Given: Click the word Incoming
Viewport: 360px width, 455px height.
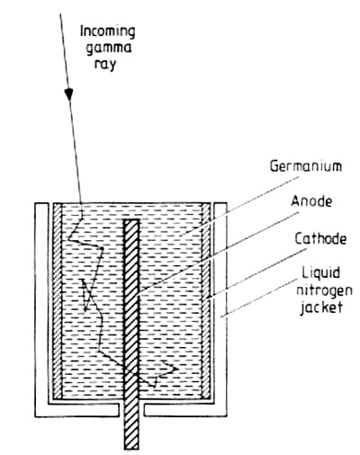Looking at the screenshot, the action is coord(108,32).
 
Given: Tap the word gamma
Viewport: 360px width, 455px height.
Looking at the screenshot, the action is coord(109,49).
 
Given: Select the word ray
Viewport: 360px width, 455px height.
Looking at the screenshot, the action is coord(105,65).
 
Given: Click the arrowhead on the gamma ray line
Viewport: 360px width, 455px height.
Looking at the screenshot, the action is coord(69,94).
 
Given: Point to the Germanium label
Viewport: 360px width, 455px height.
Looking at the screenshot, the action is coord(306,166).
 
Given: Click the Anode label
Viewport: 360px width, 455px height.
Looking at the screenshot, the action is coord(311,201).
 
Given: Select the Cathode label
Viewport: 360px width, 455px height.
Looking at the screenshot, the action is coord(320,239).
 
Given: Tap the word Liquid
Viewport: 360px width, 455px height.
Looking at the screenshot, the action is coord(320,273).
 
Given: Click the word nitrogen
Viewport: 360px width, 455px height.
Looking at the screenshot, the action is coord(324,290).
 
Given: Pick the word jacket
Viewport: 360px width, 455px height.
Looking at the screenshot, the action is coord(321,307).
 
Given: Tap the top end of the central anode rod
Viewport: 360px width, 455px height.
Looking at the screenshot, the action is coord(131,220).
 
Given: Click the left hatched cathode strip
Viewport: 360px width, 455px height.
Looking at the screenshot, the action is coord(57,301).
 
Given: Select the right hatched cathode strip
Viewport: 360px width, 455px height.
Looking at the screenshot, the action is coord(206,301).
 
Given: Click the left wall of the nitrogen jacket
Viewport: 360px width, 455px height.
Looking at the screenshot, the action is coord(41,308).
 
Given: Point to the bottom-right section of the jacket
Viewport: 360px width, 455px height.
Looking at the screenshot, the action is coord(185,410).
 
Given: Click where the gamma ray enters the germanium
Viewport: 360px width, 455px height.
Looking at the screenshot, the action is coord(82,204).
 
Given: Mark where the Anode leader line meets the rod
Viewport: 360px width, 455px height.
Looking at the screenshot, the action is coord(139,291).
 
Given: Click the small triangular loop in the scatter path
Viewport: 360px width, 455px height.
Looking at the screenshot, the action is coord(86,295).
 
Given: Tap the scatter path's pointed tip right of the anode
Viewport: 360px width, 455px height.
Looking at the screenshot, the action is coord(177,368).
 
